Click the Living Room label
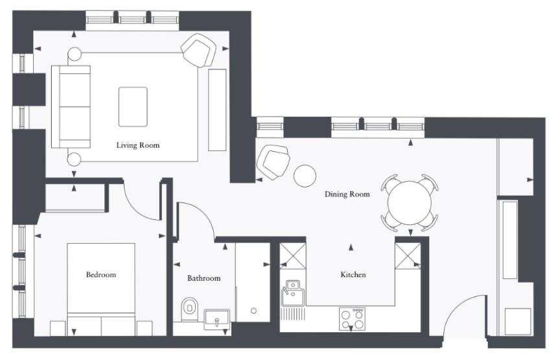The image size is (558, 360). coord(138,145)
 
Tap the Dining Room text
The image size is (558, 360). coord(347,194)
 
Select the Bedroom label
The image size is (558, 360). coord(101,274)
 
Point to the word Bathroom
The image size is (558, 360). coord(204,278)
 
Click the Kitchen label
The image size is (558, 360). coord(353,274)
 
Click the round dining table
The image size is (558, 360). coord(410,202)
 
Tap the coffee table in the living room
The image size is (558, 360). coord(133,107)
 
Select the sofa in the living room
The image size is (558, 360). coord(71,106)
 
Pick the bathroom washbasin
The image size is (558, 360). coord(216,318)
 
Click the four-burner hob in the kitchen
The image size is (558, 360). coord(352,318)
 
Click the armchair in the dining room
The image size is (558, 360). coord(273,162)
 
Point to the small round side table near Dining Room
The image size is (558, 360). coord(305,176)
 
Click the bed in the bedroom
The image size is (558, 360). coord(101,289)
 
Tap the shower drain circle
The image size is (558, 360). coord(254,311)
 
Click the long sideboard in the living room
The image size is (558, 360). coord(217,110)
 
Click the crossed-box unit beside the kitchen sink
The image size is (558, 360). coord(293,256)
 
